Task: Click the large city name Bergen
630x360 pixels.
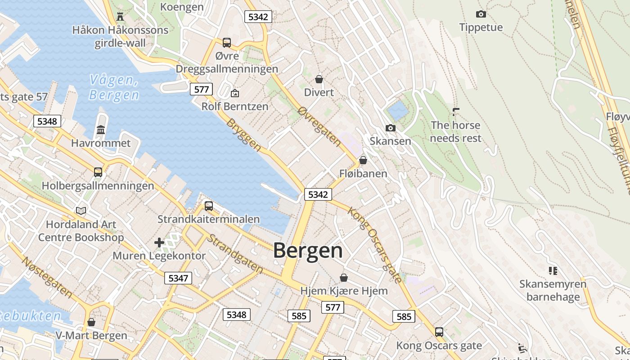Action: (x=308, y=251)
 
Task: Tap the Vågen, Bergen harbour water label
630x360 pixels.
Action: (x=114, y=87)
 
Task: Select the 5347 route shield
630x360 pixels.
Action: (x=178, y=278)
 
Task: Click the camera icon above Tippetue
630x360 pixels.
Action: (x=481, y=14)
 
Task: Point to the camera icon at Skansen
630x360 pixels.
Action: (x=391, y=128)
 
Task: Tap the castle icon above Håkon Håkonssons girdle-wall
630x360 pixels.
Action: (x=120, y=17)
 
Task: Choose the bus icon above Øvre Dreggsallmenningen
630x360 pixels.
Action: (x=227, y=43)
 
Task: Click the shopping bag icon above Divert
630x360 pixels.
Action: (x=319, y=80)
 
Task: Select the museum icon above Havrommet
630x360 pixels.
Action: (x=101, y=130)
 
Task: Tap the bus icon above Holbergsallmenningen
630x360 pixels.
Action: (x=98, y=172)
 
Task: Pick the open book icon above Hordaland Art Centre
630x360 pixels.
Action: (x=81, y=211)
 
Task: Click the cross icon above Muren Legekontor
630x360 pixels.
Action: (x=159, y=243)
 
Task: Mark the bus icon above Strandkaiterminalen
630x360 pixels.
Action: (x=208, y=206)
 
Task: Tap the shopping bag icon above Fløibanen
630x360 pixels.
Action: (x=363, y=160)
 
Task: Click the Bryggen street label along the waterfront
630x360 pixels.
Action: (x=243, y=135)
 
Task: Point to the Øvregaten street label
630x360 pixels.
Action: (x=319, y=126)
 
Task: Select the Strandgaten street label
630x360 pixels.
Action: (x=235, y=253)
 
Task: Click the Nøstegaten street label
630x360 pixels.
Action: (x=47, y=277)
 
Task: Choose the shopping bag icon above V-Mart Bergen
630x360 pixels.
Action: (x=91, y=322)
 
